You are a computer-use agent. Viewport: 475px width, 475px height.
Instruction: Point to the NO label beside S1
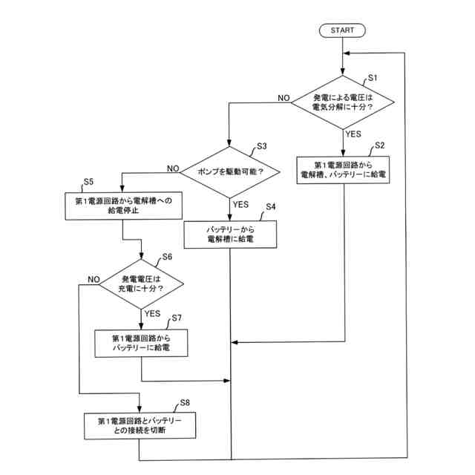[x=284, y=98]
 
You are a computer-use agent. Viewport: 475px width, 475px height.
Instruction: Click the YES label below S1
[x=353, y=134]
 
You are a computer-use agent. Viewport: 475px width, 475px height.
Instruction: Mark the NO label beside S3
[x=173, y=168]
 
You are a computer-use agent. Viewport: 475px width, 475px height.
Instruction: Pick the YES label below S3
[x=240, y=205]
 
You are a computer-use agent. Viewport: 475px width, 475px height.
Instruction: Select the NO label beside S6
[x=94, y=279]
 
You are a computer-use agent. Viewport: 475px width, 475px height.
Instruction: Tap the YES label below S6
[x=152, y=313]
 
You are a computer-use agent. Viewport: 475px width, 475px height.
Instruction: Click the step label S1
[x=373, y=78]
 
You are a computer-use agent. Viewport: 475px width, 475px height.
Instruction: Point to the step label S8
[x=185, y=402]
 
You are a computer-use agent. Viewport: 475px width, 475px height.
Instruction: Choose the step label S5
[x=88, y=182]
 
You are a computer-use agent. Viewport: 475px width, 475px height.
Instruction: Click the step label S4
[x=270, y=206]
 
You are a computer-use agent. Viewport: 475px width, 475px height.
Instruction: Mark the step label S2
[x=379, y=145]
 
